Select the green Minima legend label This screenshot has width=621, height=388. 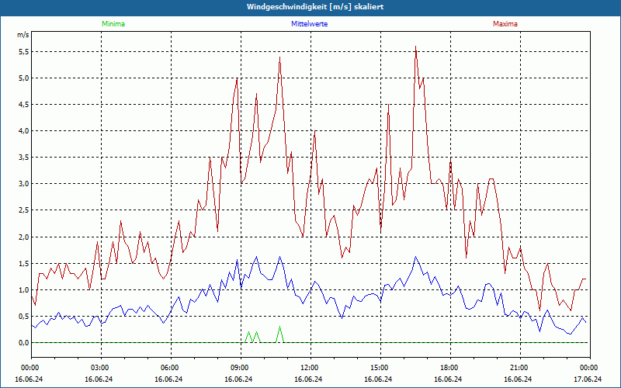(113, 24)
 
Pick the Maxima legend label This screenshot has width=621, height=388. (505, 24)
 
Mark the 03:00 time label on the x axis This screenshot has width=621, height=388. (99, 367)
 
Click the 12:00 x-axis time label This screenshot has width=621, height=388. (309, 367)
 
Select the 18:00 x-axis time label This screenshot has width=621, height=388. (449, 367)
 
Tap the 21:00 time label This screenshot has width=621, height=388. (519, 367)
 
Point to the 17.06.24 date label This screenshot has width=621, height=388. (588, 379)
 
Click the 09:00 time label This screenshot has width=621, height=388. (239, 367)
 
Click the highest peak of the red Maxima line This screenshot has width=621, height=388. (416, 47)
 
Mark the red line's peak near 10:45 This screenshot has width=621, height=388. (279, 57)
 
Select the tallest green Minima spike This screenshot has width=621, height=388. (279, 327)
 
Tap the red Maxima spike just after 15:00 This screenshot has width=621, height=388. (388, 105)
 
